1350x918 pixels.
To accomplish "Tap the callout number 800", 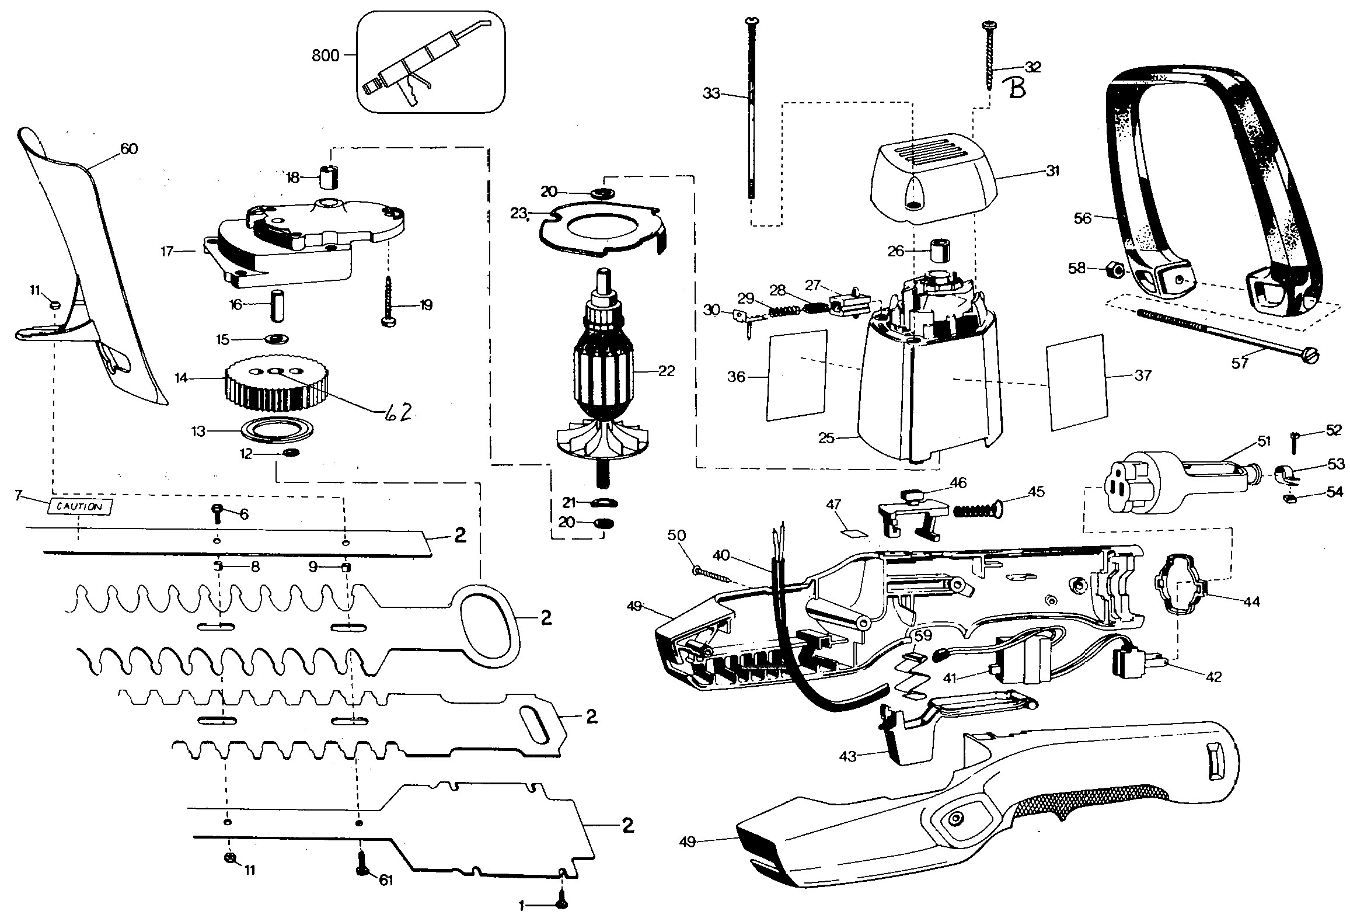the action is coord(326,56).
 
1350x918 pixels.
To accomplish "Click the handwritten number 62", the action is coord(399,412).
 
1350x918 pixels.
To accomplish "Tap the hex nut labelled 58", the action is coord(1114,270).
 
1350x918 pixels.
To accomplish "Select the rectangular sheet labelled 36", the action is coord(797,375).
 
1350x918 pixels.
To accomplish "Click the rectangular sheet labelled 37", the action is coord(1076,383).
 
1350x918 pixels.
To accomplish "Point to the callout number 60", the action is coord(129,149).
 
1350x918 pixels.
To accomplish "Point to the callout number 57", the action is coord(1240,363).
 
